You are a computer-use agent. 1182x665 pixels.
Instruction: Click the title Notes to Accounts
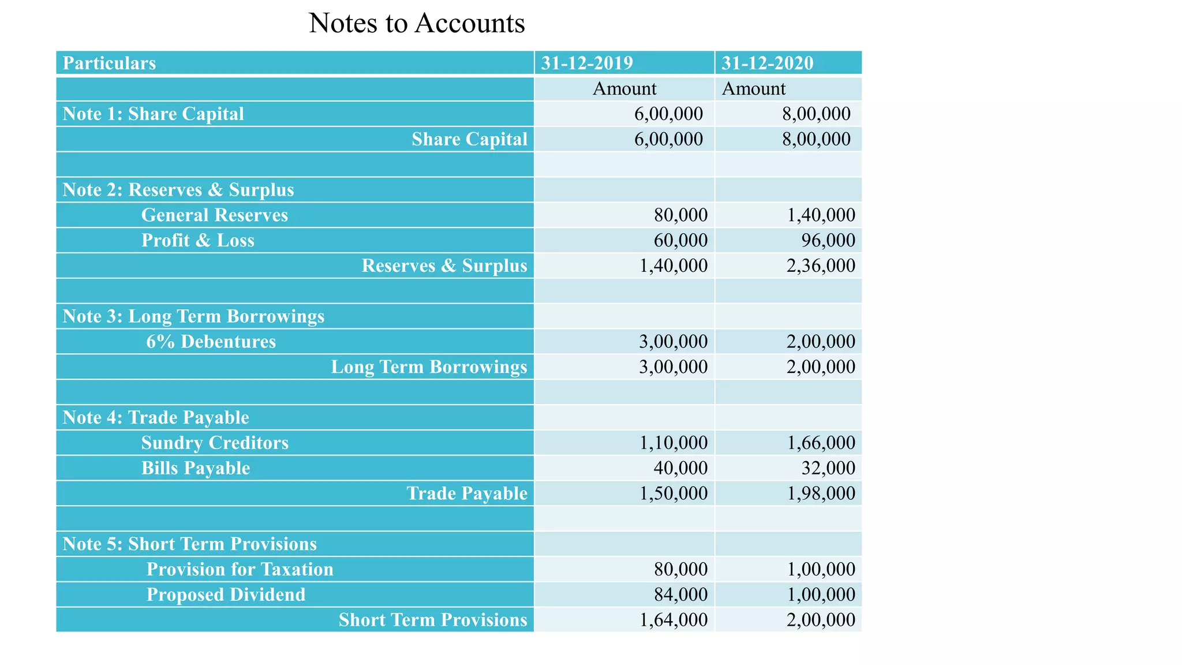point(417,24)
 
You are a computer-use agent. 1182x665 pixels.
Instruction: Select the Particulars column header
point(109,63)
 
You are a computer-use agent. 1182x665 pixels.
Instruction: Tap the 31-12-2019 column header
point(587,63)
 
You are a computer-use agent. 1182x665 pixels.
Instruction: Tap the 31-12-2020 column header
point(767,63)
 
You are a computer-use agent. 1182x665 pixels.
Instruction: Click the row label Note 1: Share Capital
point(153,114)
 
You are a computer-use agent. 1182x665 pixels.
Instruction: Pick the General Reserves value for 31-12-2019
point(680,215)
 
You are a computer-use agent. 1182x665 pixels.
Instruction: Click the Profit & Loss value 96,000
point(828,240)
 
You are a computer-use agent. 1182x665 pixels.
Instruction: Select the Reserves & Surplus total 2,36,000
point(821,266)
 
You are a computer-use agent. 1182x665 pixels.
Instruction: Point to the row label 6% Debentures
point(211,342)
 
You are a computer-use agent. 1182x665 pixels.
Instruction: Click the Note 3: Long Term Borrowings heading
point(193,316)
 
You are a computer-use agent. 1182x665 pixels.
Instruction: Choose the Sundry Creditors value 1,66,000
point(821,443)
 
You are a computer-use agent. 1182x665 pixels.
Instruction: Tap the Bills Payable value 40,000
point(680,468)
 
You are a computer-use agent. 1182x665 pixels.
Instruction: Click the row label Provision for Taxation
point(240,569)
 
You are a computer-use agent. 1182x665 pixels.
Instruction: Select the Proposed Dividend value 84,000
point(680,595)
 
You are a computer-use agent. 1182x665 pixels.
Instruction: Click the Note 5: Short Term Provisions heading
point(189,544)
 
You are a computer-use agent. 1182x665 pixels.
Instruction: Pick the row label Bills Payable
point(196,468)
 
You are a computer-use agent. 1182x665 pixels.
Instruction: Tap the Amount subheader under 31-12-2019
point(624,89)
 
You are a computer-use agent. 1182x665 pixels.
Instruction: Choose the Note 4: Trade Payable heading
point(156,417)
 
